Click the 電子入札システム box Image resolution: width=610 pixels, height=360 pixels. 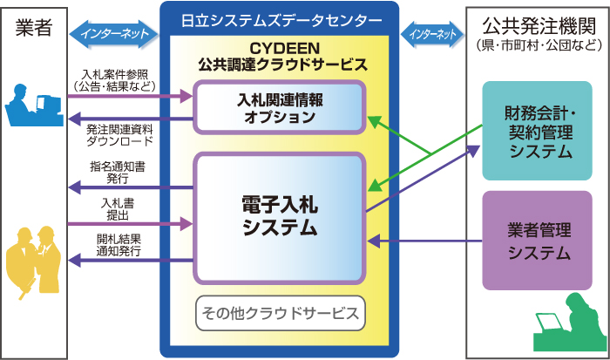pos(279,217)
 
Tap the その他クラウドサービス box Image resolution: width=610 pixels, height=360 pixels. pos(279,313)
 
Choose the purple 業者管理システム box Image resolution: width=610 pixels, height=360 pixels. pos(538,241)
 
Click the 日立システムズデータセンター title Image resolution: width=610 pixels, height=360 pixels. pos(279,20)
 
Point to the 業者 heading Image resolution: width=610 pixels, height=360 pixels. pos(35,26)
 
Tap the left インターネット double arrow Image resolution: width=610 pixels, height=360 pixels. pos(114,34)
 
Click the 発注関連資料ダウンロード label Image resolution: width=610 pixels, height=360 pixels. pos(119,133)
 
